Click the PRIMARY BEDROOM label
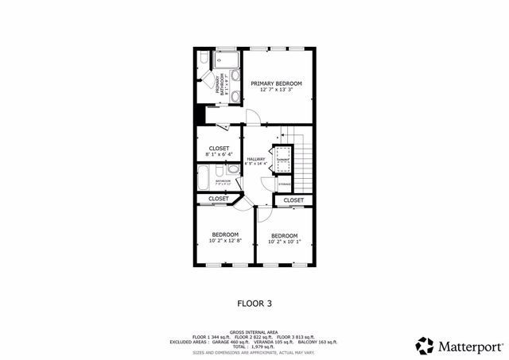(x=277, y=83)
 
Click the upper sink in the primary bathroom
(x=235, y=76)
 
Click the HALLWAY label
(x=255, y=159)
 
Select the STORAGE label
(x=284, y=184)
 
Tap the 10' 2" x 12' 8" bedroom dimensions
(x=224, y=240)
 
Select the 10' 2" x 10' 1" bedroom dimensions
(x=284, y=242)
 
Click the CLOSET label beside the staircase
(x=293, y=200)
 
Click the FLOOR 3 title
(x=254, y=303)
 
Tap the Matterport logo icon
(x=425, y=345)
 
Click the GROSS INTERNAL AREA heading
(x=254, y=331)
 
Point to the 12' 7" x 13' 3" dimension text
(x=277, y=89)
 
